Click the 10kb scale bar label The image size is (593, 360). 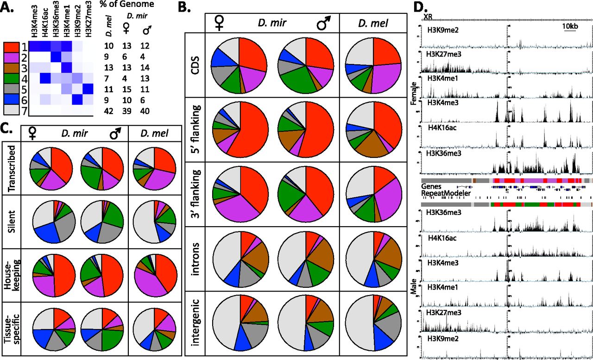click(570, 26)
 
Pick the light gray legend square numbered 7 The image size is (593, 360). click(11, 110)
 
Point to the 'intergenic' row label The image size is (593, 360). click(195, 324)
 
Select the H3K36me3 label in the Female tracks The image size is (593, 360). click(443, 151)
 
